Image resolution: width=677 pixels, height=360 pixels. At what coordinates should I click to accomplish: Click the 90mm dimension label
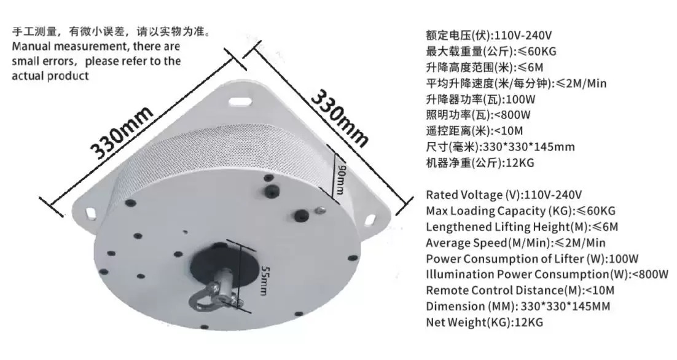coord(341,179)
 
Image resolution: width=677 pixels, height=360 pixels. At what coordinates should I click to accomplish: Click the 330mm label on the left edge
coord(122,131)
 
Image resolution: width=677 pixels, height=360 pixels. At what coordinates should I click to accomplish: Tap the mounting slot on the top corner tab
coord(240,102)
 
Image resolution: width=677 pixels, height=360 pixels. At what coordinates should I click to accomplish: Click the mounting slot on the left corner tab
coord(92,213)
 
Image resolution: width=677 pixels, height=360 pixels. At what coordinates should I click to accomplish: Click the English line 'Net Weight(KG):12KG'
coord(485,322)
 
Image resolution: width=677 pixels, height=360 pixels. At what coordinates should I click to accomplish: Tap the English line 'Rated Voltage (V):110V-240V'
coord(504,195)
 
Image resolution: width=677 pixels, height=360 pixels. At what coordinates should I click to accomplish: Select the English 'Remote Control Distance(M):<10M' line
coord(520,290)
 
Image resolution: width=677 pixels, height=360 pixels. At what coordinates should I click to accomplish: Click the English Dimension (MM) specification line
coord(518,306)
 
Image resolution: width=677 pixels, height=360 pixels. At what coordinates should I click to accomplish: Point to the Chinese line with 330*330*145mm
coord(501,147)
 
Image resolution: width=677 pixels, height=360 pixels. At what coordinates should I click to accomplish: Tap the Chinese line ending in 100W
coord(480,100)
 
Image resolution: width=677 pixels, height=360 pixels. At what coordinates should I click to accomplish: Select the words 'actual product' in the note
coord(50,76)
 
